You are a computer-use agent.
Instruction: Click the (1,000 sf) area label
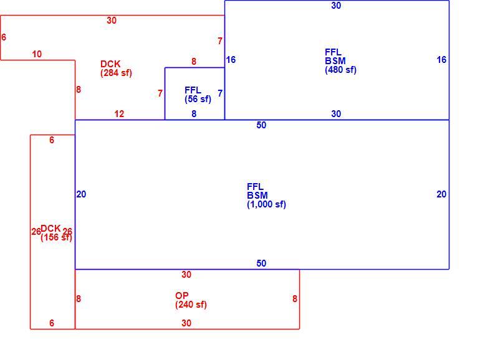[x=266, y=204]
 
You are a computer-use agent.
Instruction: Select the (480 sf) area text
[x=340, y=70]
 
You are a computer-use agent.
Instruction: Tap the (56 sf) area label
[x=198, y=99]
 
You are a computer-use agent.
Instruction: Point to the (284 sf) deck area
[x=116, y=73]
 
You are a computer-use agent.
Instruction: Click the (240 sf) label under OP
[x=191, y=305]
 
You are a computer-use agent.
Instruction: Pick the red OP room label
[x=182, y=296]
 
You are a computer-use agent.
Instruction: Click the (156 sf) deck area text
[x=56, y=237]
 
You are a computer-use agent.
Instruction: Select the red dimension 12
[x=119, y=114]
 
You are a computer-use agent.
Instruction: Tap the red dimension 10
[x=37, y=54]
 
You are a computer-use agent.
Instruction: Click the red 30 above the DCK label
[x=112, y=21]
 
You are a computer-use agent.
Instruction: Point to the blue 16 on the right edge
[x=441, y=60]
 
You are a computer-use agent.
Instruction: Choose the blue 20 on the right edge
[x=441, y=194]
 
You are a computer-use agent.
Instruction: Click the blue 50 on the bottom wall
[x=261, y=263]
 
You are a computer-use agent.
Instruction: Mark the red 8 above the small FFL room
[x=194, y=62]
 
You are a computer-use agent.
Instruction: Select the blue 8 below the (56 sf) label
[x=194, y=114]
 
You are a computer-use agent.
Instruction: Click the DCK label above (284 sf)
[x=110, y=64]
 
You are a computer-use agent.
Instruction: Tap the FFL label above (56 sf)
[x=193, y=90]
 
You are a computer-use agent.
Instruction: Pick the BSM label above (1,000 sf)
[x=257, y=196]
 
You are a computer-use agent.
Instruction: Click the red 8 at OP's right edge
[x=294, y=299]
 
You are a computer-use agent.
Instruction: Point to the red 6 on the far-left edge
[x=4, y=37]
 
